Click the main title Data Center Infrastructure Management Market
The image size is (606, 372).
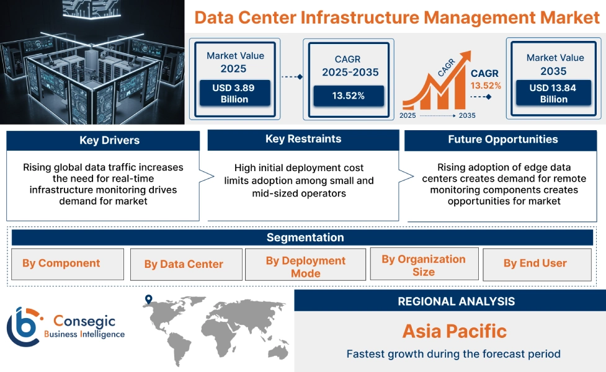point(397,17)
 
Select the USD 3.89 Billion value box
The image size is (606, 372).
point(234,94)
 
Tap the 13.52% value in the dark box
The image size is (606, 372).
point(348,95)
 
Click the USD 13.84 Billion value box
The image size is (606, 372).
point(553,94)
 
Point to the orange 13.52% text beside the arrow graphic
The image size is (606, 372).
point(485,86)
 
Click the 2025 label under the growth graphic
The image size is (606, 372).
point(408,115)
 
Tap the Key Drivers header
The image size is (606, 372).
point(103,140)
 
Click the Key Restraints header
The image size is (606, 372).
point(303,139)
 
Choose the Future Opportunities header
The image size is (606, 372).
point(503,139)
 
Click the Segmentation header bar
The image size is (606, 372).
point(305,237)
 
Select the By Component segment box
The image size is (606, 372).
point(61,263)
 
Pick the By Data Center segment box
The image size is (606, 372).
point(184,265)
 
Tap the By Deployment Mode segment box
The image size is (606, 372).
point(305,267)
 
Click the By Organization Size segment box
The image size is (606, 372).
point(424,265)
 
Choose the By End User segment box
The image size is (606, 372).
point(535,263)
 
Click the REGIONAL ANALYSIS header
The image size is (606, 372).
point(456,301)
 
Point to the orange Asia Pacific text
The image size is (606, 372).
point(454,330)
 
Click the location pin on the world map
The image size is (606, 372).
point(148,300)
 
